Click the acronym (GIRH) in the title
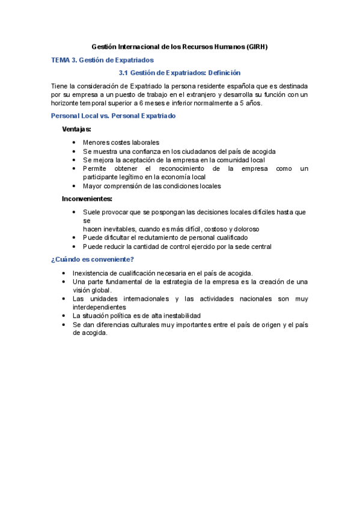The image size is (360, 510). [x=257, y=46]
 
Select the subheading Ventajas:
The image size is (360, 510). [x=78, y=129]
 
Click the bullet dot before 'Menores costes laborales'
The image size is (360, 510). [x=73, y=143]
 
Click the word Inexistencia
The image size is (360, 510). [x=91, y=272]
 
